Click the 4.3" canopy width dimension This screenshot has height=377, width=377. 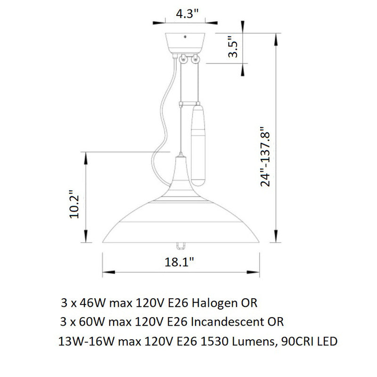pyautogui.click(x=187, y=14)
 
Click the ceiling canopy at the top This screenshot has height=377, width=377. pyautogui.click(x=187, y=42)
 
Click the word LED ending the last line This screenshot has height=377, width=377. pyautogui.click(x=328, y=342)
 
